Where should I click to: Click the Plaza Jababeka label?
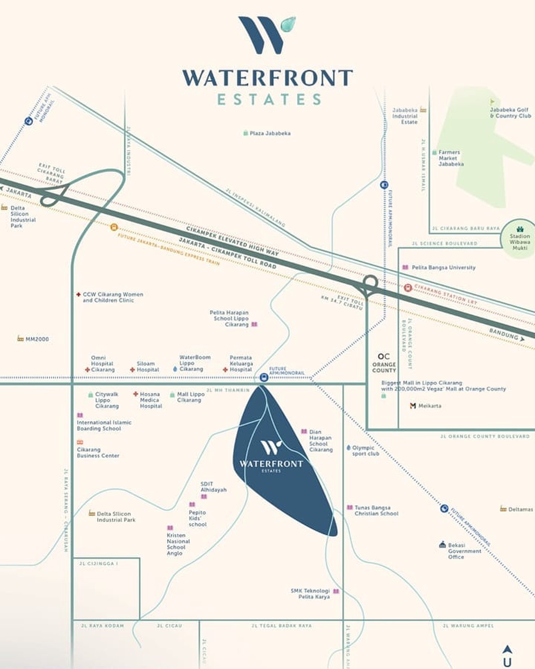[270, 133]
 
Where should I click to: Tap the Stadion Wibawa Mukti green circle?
[519, 239]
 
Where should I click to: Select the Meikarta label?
[429, 406]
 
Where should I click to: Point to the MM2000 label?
[37, 339]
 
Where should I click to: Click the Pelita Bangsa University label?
[443, 268]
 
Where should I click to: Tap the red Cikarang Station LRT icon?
[408, 288]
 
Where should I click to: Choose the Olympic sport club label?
[365, 451]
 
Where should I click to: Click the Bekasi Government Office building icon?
[442, 545]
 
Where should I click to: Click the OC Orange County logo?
[384, 363]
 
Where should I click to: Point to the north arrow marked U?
[507, 656]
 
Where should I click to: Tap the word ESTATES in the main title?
[269, 100]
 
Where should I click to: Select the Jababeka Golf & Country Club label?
[510, 113]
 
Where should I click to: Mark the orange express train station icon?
[114, 227]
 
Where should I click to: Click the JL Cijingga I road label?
[99, 564]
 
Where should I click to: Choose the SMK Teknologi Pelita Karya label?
[310, 594]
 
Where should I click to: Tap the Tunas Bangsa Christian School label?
[376, 511]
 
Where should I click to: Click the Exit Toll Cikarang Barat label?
[51, 173]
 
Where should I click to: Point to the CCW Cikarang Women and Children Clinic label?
[113, 297]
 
